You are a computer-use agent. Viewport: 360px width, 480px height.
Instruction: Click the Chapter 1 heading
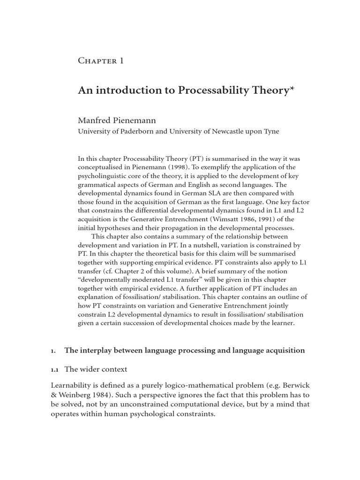click(x=101, y=61)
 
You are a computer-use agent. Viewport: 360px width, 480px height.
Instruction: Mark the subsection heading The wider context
click(x=96, y=369)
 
